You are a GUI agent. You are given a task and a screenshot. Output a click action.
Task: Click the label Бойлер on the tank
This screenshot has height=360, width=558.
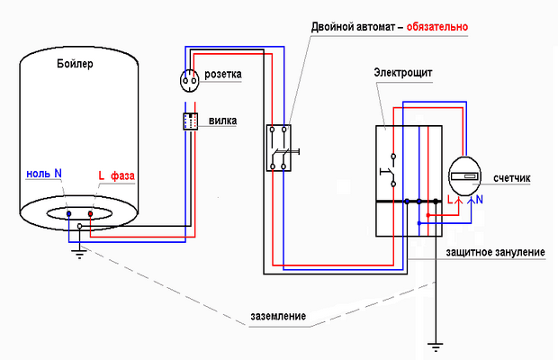(x=75, y=64)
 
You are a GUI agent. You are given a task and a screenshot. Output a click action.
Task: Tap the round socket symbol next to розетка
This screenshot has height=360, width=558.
(x=189, y=81)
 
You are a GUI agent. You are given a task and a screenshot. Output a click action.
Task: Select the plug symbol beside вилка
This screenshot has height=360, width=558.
(x=191, y=121)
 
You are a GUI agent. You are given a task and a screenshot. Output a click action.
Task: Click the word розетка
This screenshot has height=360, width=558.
(x=223, y=75)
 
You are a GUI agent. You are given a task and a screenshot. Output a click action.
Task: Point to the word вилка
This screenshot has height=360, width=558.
(x=223, y=121)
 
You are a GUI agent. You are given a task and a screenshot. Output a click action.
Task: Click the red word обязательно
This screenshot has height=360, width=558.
(x=437, y=27)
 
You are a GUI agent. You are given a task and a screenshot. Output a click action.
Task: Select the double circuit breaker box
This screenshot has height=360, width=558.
(x=279, y=148)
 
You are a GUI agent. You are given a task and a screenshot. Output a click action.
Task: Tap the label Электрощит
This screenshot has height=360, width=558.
(x=403, y=73)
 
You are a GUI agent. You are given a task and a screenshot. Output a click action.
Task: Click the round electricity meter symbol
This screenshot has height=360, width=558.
(x=464, y=175)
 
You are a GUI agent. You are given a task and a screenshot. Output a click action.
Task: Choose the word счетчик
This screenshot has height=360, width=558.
(x=512, y=178)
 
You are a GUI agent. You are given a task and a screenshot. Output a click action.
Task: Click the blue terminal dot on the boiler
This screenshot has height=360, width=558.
(x=68, y=214)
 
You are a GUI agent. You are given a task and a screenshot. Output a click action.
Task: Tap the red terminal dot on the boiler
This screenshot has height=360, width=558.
(x=90, y=214)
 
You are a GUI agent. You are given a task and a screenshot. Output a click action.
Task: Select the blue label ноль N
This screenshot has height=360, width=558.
(x=44, y=174)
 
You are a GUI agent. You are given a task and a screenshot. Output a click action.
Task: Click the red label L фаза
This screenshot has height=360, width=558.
(x=116, y=175)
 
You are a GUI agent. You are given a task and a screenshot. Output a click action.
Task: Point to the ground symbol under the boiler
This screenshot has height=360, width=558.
(x=79, y=254)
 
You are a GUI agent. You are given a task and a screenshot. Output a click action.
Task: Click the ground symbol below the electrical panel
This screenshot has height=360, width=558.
(x=436, y=347)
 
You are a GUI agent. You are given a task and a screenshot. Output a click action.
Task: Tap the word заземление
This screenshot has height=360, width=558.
(x=278, y=316)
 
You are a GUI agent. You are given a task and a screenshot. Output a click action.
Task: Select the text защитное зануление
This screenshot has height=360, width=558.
(x=495, y=252)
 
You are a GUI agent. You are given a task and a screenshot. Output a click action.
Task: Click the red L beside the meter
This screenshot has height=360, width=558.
(x=450, y=200)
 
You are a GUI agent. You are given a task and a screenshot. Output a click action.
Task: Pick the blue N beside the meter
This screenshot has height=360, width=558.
(x=480, y=200)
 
